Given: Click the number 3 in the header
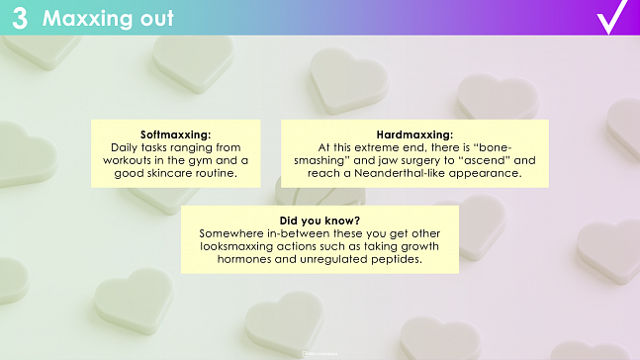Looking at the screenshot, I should tap(20, 18).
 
